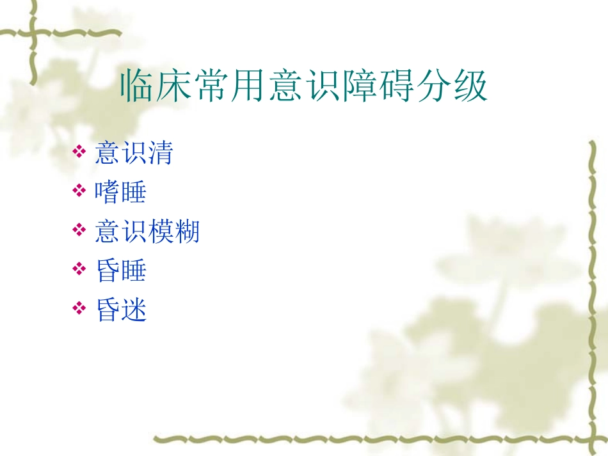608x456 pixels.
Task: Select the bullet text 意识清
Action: pyautogui.click(x=134, y=153)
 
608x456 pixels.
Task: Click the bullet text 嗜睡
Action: pyautogui.click(x=121, y=192)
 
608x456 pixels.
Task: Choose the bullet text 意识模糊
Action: pyautogui.click(x=147, y=231)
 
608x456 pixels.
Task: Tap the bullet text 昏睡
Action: pyautogui.click(x=121, y=271)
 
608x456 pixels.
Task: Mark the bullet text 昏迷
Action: pyautogui.click(x=121, y=310)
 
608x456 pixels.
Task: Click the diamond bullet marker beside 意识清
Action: pyautogui.click(x=79, y=152)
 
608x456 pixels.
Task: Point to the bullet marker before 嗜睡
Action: pyautogui.click(x=79, y=191)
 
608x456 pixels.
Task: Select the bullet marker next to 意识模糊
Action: pyautogui.click(x=79, y=230)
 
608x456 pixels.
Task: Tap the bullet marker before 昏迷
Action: pyautogui.click(x=79, y=309)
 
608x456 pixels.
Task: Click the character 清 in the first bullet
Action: pyautogui.click(x=160, y=153)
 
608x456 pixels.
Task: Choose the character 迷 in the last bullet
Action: pyautogui.click(x=134, y=310)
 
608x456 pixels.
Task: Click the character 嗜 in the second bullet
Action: pyautogui.click(x=108, y=192)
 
